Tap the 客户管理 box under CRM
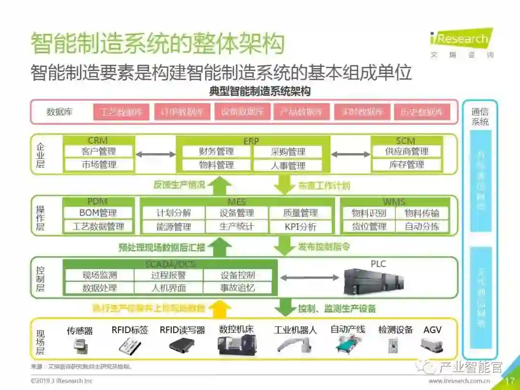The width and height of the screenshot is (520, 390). coord(99,151)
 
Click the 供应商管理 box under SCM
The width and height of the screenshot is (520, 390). coord(407,151)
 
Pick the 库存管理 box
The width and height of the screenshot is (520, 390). coord(407,165)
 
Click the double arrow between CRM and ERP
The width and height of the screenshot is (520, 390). coord(156,155)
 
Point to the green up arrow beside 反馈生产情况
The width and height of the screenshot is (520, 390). coord(220,185)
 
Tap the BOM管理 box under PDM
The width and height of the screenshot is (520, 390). coord(98,213)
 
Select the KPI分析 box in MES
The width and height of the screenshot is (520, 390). coord(300,226)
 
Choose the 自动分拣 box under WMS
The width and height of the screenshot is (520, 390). coord(422,226)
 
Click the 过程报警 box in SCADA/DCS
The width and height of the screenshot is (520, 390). coord(168,275)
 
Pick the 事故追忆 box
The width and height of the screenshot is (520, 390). coord(237,288)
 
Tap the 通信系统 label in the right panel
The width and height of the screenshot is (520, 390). coord(480,117)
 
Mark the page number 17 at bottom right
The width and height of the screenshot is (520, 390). coord(510,381)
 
